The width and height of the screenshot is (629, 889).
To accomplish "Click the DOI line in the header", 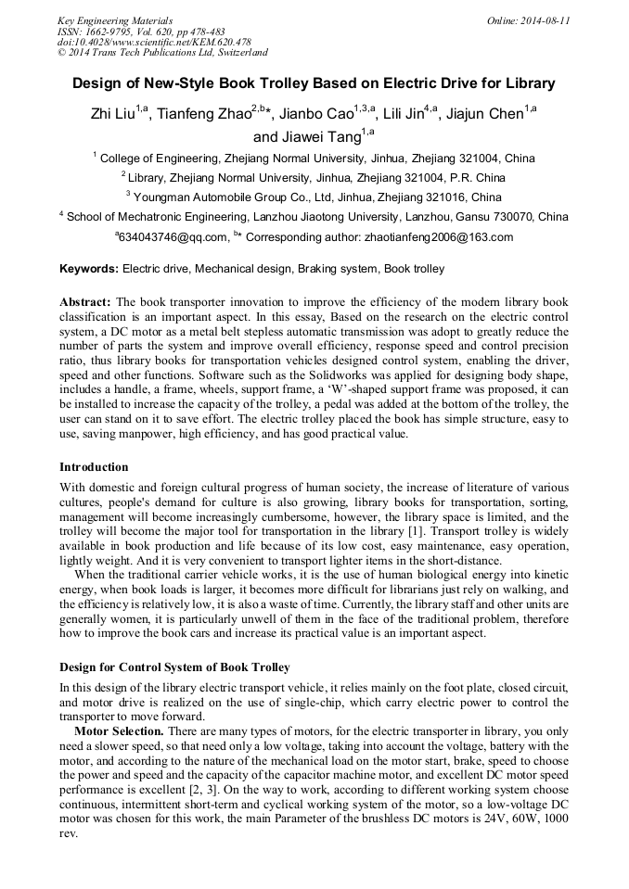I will (154, 42).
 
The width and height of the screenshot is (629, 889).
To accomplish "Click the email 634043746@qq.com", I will (173, 237).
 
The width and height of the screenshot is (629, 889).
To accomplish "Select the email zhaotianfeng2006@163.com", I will (439, 237).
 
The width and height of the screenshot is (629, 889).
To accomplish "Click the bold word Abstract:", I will (85, 302).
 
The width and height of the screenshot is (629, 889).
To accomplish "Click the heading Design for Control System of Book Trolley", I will (174, 667).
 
